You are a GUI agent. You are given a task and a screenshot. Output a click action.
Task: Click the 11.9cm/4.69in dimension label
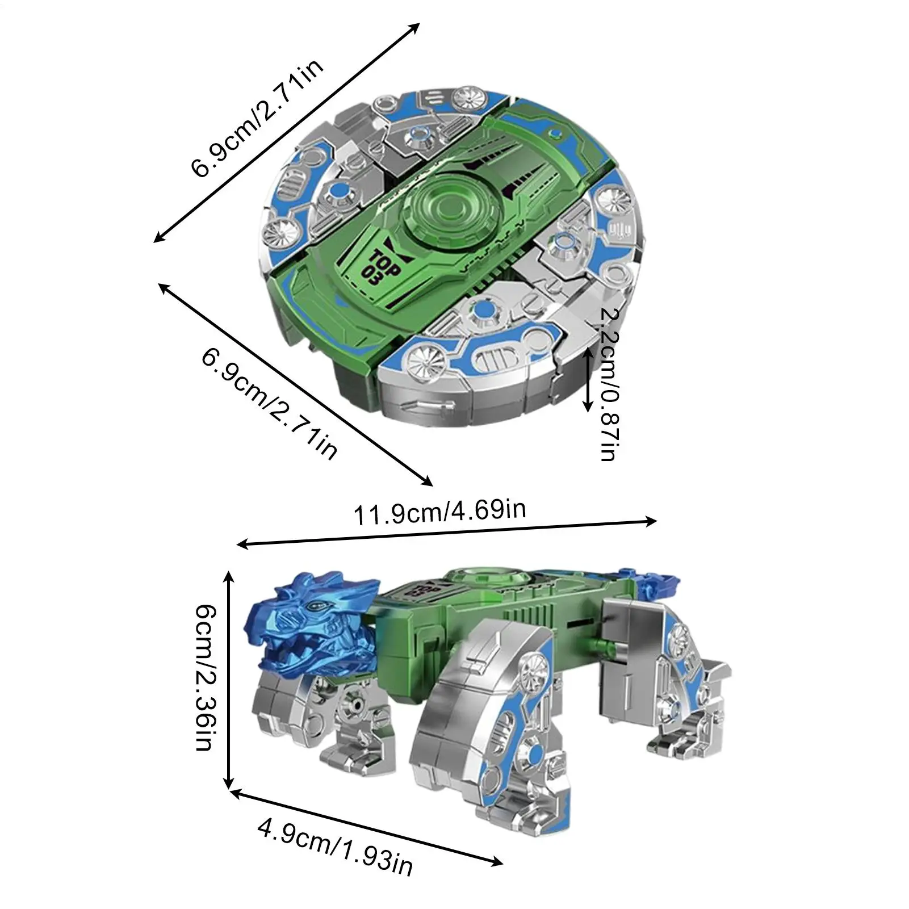(440, 512)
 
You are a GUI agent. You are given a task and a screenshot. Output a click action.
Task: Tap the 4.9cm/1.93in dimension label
(335, 848)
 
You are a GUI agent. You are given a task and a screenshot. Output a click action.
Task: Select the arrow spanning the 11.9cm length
(447, 533)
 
